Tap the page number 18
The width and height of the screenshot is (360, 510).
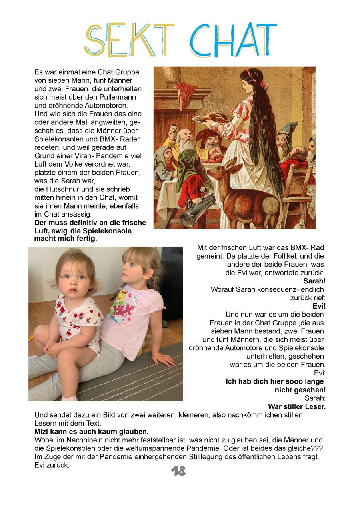tap(178, 471)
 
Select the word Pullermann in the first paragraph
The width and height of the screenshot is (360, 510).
tap(118, 97)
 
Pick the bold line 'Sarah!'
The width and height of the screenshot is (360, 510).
tap(314, 281)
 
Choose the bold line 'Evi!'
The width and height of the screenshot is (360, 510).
tap(319, 306)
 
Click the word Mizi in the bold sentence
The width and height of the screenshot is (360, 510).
tap(42, 432)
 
